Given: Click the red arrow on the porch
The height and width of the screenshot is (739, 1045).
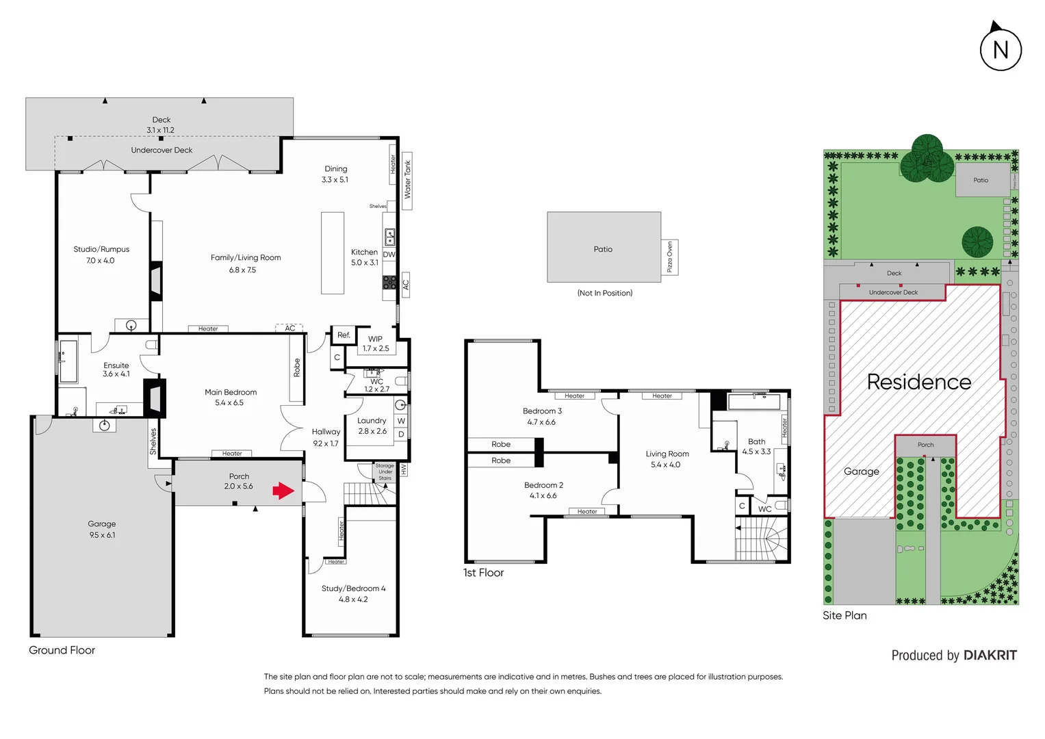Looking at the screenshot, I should [x=283, y=491].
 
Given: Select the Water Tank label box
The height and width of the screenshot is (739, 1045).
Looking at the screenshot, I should [x=407, y=180].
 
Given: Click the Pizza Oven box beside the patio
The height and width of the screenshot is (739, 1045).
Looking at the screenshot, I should [x=670, y=257].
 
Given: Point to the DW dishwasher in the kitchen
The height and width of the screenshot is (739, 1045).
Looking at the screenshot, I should [x=389, y=255].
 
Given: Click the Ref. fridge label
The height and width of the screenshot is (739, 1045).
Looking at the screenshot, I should [x=344, y=335].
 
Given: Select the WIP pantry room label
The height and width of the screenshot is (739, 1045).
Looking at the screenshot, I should [x=376, y=339].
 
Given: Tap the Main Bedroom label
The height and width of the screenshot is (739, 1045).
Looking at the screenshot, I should [x=231, y=392].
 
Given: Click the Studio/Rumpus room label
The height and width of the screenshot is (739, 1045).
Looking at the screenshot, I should [x=101, y=249].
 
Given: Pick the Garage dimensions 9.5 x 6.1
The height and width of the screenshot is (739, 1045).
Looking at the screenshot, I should [x=102, y=535].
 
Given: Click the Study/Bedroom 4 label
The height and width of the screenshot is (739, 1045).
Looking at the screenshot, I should [x=353, y=588].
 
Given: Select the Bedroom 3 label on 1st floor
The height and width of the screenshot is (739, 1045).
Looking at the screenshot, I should [x=542, y=411].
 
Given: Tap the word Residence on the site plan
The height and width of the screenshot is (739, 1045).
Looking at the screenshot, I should [x=918, y=382].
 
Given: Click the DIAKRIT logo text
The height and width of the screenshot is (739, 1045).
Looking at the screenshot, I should [x=990, y=656].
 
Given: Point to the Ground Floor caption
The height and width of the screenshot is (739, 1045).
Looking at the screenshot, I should [x=62, y=650].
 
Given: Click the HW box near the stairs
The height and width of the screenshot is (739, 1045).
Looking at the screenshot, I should [x=404, y=470].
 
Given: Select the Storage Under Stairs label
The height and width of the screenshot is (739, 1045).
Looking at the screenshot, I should [x=385, y=471].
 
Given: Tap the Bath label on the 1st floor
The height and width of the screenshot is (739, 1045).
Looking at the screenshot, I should [x=756, y=441].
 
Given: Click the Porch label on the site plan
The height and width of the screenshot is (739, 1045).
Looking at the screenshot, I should [x=925, y=445].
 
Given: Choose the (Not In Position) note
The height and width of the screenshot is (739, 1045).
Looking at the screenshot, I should [x=604, y=293].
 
